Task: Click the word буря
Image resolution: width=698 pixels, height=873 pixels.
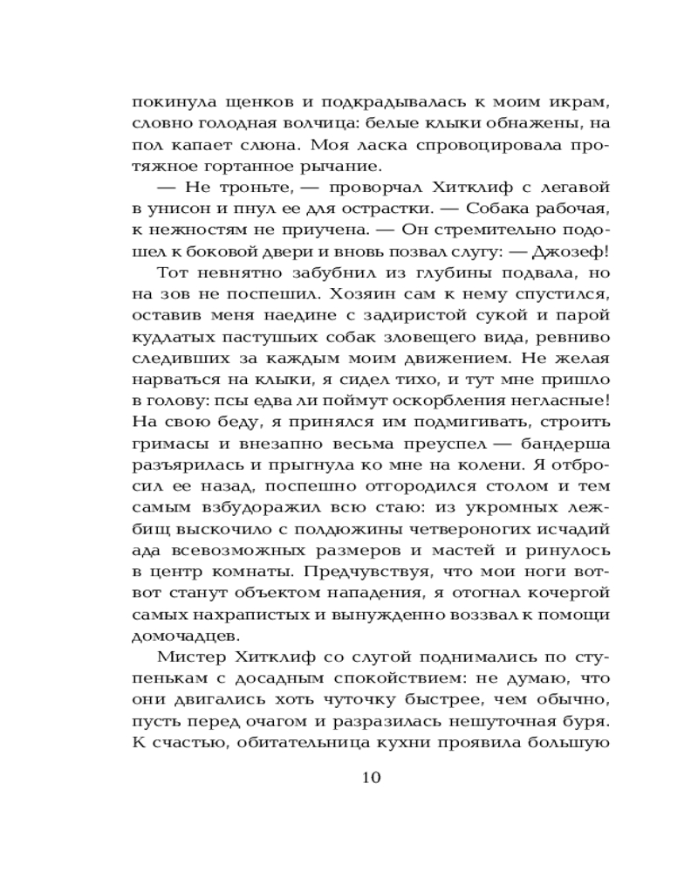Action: tap(589, 722)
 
